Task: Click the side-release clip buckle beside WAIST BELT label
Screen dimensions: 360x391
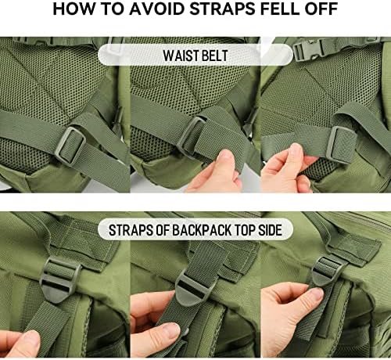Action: click(x=310, y=52)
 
